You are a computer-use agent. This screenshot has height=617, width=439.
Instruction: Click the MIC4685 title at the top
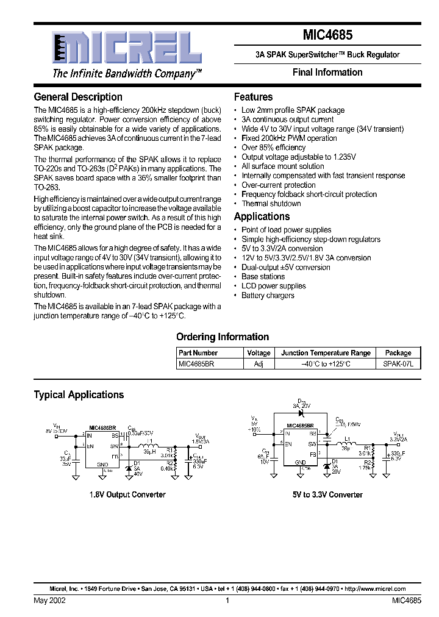click(x=327, y=36)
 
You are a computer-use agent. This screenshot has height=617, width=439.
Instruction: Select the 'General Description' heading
click(x=78, y=97)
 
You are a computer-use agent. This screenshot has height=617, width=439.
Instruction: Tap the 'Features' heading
click(x=253, y=97)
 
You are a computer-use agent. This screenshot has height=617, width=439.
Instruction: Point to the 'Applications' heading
click(x=262, y=216)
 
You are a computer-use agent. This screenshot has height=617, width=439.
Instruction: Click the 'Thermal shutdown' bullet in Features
click(x=271, y=204)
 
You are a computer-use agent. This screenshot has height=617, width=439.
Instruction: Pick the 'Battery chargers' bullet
click(x=268, y=296)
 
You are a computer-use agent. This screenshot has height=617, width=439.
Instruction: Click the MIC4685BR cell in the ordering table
click(x=196, y=363)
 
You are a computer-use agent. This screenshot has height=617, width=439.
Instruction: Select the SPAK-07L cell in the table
click(x=398, y=363)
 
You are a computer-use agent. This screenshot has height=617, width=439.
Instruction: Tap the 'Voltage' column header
click(x=259, y=353)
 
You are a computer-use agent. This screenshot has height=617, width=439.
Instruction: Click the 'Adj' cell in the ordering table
click(x=259, y=363)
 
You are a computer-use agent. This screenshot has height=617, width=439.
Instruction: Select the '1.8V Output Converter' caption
click(x=127, y=494)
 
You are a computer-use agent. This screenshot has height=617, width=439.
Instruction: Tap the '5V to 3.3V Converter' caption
click(x=327, y=494)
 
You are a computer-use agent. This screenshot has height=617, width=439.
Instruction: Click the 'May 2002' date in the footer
click(x=49, y=601)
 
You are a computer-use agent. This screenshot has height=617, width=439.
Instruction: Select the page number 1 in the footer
click(x=227, y=601)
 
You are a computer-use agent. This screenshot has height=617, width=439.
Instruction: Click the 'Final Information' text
click(x=327, y=72)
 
